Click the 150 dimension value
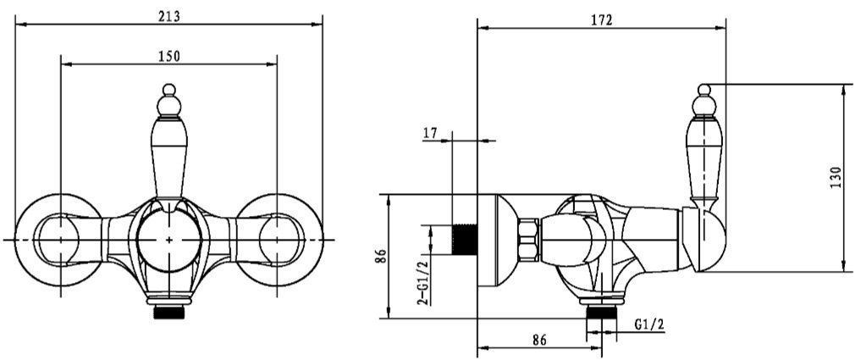click(x=169, y=56)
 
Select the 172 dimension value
click(x=602, y=20)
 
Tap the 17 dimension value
click(x=429, y=132)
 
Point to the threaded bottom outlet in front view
click(x=169, y=313)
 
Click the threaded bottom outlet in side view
click(x=601, y=313)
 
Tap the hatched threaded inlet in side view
click(x=464, y=239)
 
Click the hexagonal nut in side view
click(x=528, y=240)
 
